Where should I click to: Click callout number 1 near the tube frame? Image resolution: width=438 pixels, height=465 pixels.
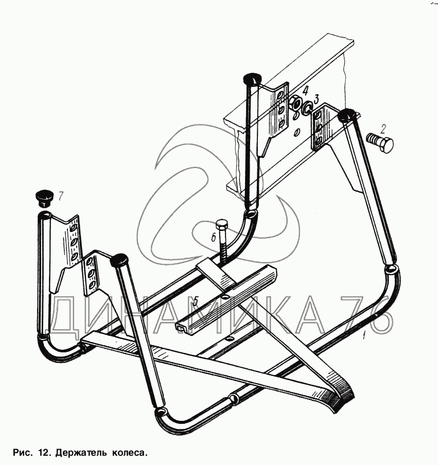coord(364,336)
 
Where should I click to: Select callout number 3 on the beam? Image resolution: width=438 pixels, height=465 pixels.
coord(317,99)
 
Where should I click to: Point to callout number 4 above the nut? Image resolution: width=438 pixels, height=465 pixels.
coord(305,92)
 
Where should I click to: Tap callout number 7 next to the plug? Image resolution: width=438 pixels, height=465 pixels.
coord(61,195)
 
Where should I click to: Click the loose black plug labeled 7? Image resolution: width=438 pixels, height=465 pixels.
coord(44,198)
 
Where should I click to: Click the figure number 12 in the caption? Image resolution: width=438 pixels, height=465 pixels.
coord(44,453)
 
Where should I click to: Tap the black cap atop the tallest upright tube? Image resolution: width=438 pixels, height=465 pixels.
coord(251,79)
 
